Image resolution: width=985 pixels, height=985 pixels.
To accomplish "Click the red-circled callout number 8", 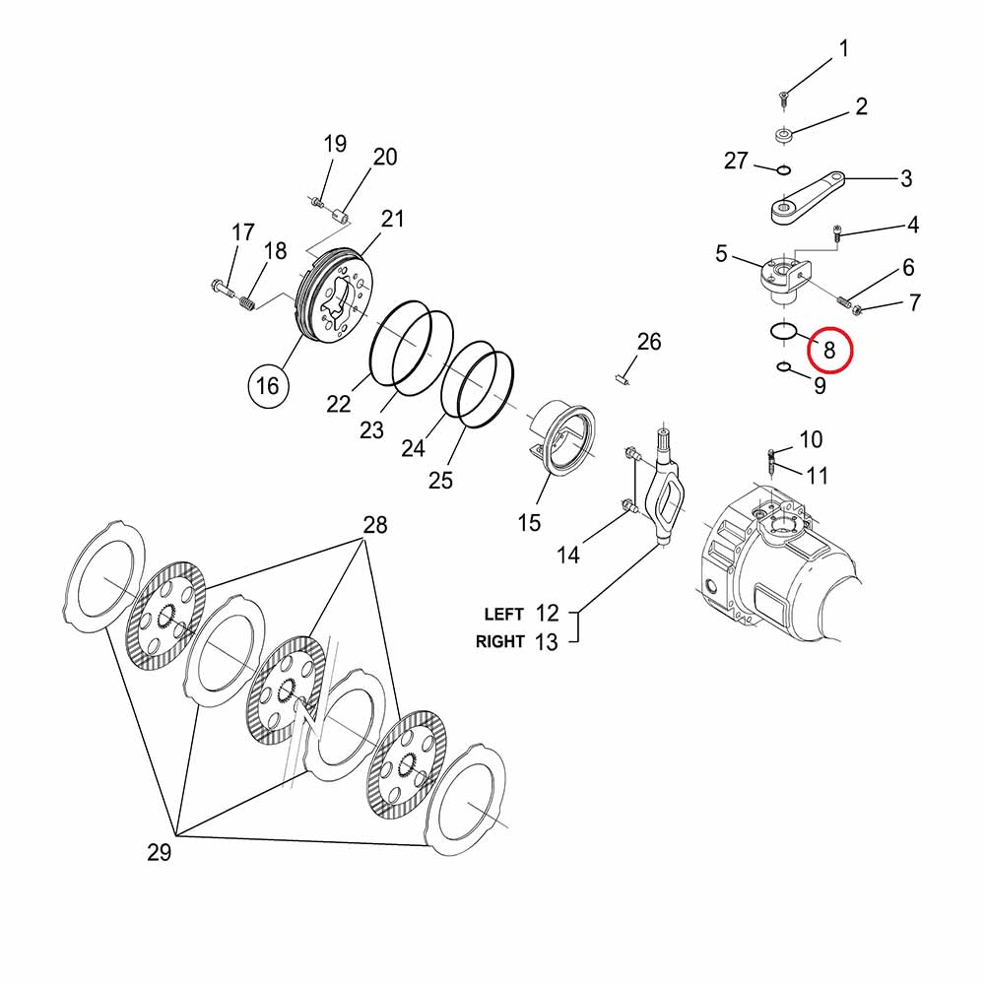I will point(828,349).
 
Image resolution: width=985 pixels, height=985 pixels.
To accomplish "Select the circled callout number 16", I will point(268,386).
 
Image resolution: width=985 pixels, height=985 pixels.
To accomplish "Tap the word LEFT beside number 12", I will point(503,615).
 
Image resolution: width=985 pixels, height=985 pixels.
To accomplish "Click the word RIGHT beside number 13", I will point(500,642).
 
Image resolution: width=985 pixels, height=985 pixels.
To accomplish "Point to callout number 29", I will point(159,852).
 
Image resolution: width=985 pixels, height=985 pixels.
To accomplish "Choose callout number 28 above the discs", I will point(375,525).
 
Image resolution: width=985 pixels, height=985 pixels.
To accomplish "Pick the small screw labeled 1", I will point(784,97).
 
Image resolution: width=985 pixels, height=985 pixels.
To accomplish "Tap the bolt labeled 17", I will point(221,290).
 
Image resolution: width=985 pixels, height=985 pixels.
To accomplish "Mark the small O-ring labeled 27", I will point(783,169).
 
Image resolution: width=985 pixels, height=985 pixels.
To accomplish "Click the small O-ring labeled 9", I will point(784,368).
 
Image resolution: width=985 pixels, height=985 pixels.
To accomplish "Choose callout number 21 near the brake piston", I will point(393,219).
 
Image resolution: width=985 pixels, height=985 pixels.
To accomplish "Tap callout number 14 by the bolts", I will point(568,555).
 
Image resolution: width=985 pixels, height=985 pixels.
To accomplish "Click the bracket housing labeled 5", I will point(778,273).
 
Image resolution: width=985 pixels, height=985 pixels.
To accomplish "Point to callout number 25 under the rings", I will point(440,480).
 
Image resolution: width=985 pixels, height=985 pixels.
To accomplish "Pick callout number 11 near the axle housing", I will point(818,477).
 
